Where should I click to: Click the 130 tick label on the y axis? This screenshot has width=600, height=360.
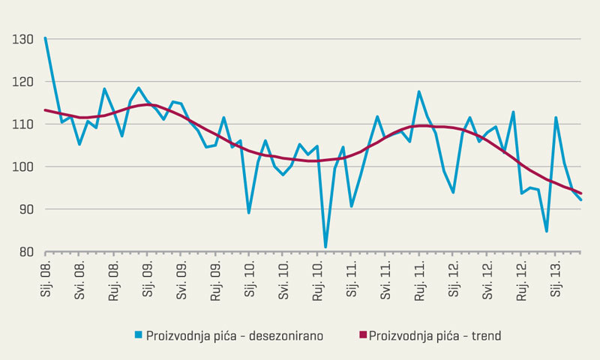coord(22,38)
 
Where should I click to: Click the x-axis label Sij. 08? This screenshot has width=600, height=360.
coord(46,279)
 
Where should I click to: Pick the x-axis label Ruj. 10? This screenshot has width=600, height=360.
coord(317,279)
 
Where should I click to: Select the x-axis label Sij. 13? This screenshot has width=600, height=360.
coord(556,279)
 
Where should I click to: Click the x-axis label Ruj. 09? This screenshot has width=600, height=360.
coord(215,279)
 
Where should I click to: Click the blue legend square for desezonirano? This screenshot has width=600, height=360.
coord(139,335)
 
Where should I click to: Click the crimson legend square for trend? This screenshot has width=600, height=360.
coord(364,335)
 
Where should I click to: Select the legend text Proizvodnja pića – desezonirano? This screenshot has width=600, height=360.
coord(235,335)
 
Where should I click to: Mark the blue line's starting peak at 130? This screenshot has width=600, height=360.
coord(46,38)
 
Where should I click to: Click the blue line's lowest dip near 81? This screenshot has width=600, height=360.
coord(325,246)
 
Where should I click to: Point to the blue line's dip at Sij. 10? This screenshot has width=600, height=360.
coord(249,212)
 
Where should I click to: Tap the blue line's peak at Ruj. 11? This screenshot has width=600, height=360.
coord(419,91)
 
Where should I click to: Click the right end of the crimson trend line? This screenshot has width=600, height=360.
coord(581,193)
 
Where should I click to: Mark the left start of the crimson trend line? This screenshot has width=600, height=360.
coord(46,110)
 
